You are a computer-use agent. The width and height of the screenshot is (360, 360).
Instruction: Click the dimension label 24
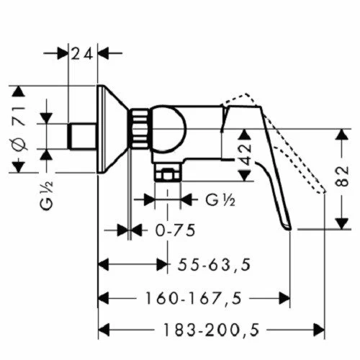click(82, 54)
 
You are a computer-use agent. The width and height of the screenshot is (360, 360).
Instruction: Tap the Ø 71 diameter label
click(19, 130)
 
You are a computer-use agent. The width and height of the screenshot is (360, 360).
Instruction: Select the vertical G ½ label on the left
click(46, 197)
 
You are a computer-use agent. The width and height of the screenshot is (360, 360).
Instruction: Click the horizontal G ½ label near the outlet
click(220, 199)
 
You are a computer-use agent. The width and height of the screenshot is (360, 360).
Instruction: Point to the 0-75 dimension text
click(175, 230)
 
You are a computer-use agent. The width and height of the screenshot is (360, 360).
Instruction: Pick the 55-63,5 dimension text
click(214, 265)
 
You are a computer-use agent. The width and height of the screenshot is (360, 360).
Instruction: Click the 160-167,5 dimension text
click(194, 298)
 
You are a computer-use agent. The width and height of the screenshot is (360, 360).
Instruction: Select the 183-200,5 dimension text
click(212, 330)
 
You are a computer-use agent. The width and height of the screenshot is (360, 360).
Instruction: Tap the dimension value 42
click(246, 155)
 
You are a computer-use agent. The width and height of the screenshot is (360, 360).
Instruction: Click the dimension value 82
click(342, 176)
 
